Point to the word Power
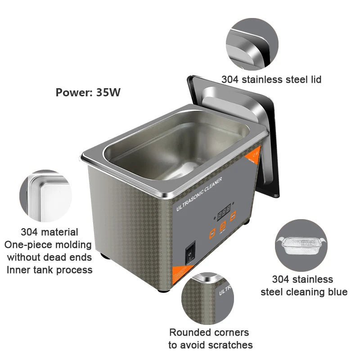(72, 93)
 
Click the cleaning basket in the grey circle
(301, 246)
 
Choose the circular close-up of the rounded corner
(208, 297)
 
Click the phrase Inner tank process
(49, 270)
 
